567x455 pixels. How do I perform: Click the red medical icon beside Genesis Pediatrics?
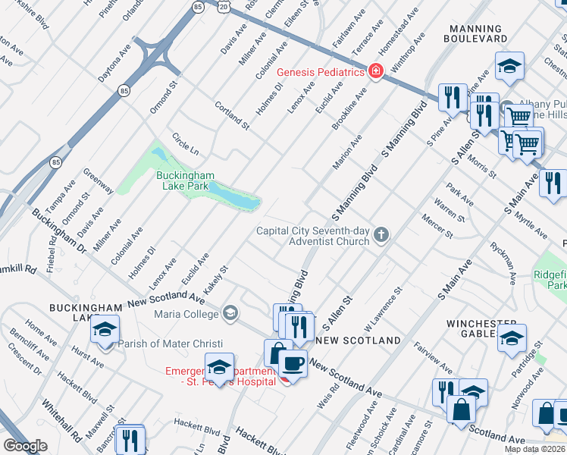pos(374,72)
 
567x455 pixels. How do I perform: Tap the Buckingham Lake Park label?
pos(182,180)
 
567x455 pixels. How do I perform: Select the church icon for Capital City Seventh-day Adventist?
pos(381,236)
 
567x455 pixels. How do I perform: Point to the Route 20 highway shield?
pos(223,5)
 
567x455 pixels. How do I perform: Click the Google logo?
pos(25,446)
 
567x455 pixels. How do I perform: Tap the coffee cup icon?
pos(293,362)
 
